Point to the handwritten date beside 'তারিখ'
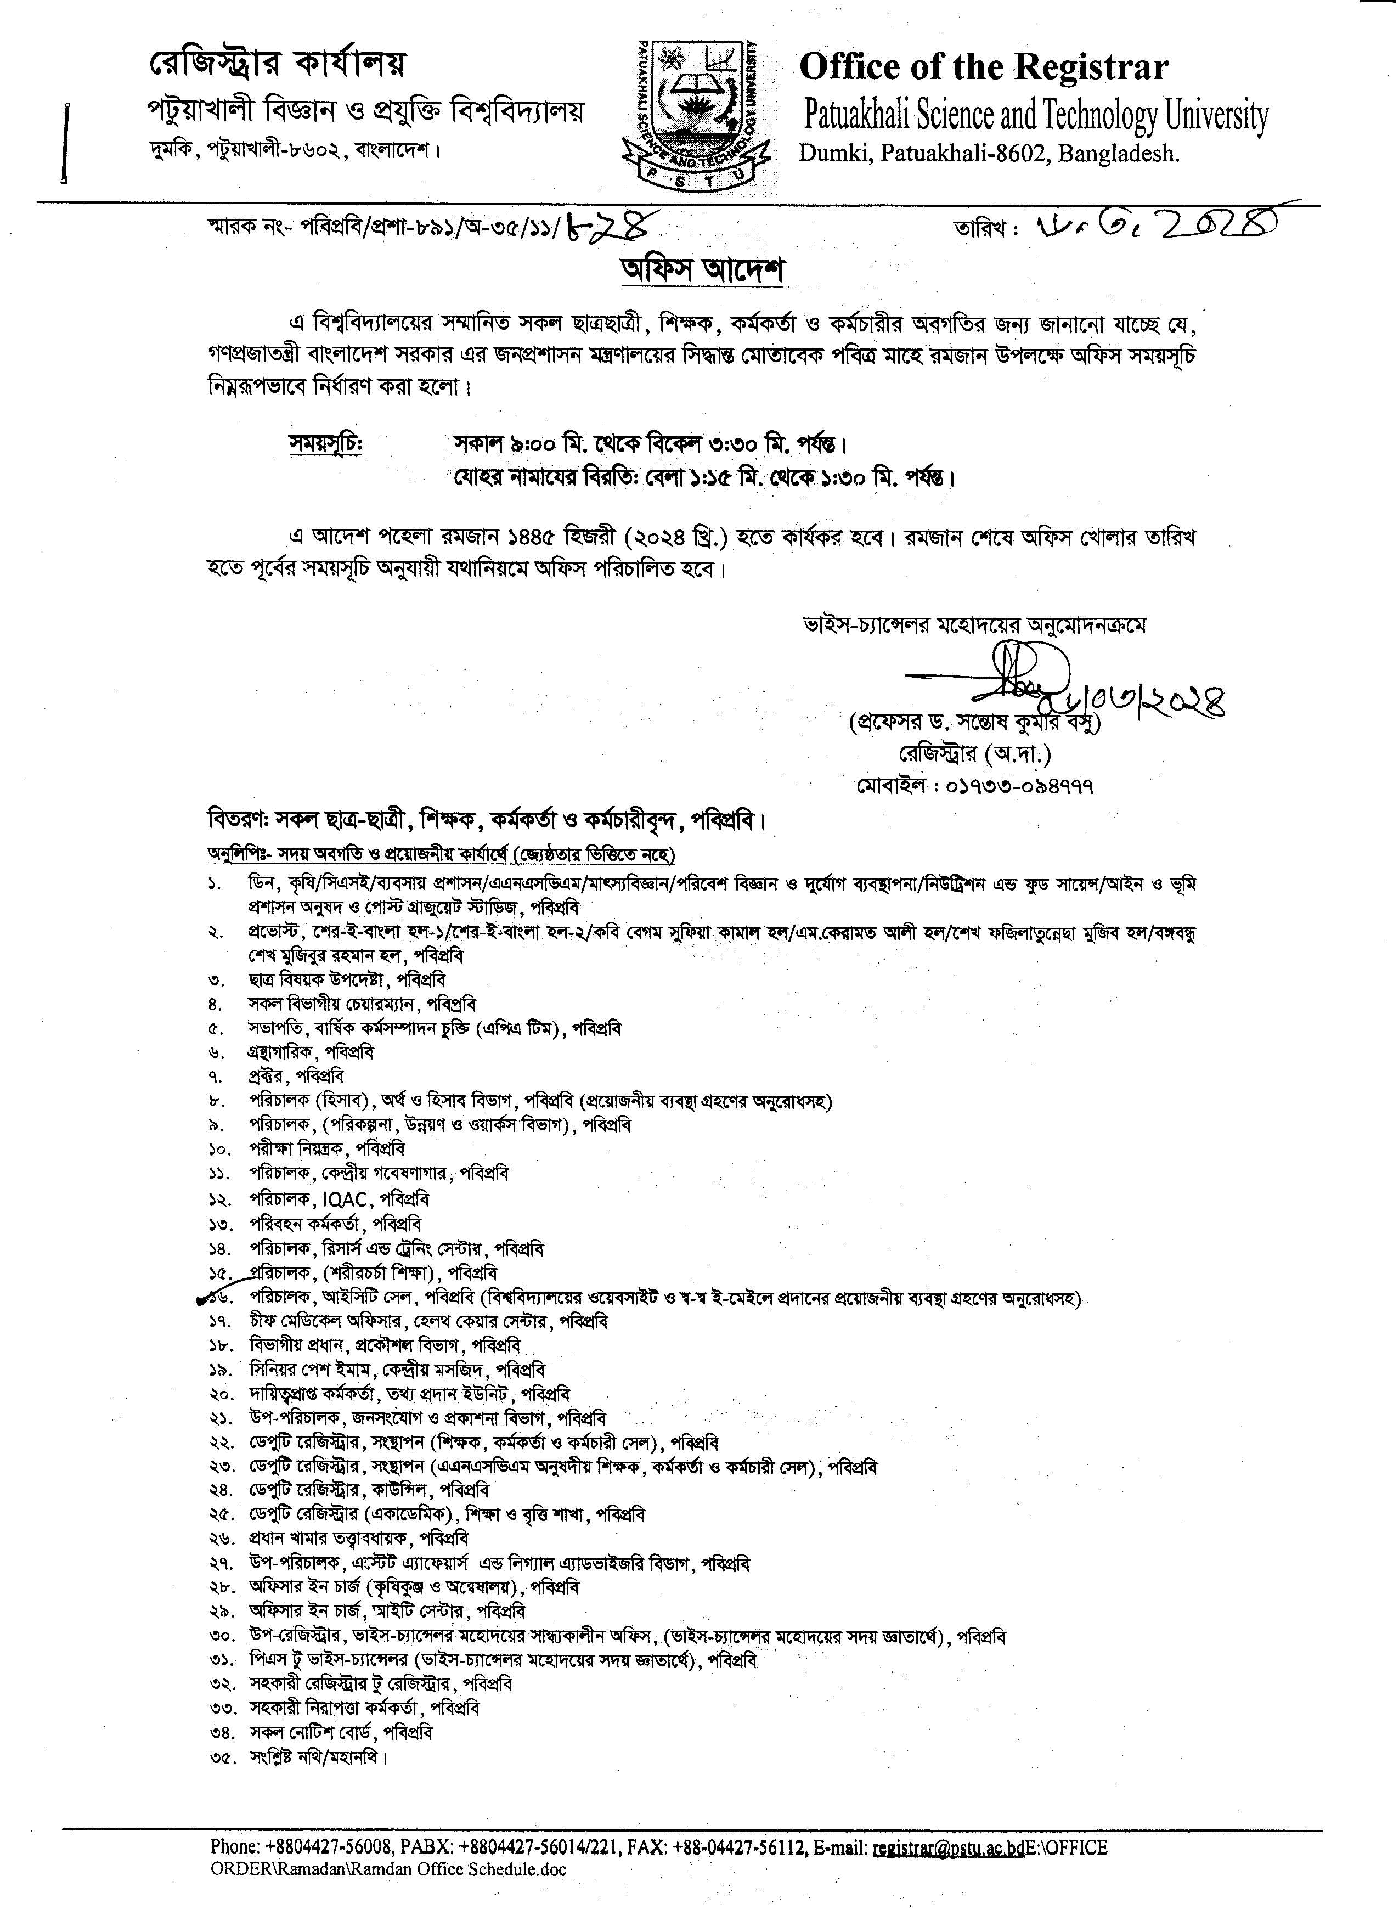[1156, 227]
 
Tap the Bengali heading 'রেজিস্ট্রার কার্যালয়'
[278, 64]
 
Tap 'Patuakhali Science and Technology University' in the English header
[1035, 115]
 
